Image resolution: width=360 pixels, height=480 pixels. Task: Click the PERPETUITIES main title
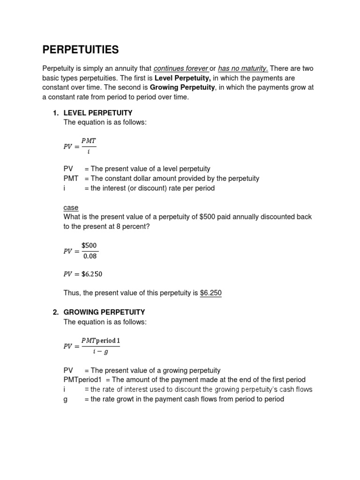coord(81,50)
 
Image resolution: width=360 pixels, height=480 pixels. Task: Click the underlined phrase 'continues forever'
coord(180,68)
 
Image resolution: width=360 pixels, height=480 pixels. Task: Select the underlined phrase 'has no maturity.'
coord(243,68)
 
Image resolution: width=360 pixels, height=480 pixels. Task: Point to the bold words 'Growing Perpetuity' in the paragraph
coord(182,88)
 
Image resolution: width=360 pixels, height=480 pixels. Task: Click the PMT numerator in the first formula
coord(89,140)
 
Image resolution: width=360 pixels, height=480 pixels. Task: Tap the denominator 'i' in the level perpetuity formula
coord(89,151)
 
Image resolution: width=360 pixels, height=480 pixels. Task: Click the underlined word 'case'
coord(71,208)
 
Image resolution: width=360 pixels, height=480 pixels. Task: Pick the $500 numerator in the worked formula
coord(89,245)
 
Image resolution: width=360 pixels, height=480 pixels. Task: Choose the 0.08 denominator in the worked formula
coord(89,256)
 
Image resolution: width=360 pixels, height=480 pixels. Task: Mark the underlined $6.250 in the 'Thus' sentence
coord(210,293)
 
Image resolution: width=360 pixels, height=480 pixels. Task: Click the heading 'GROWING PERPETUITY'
coord(104,312)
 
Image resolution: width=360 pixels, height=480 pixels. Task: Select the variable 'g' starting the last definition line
coord(66,399)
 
